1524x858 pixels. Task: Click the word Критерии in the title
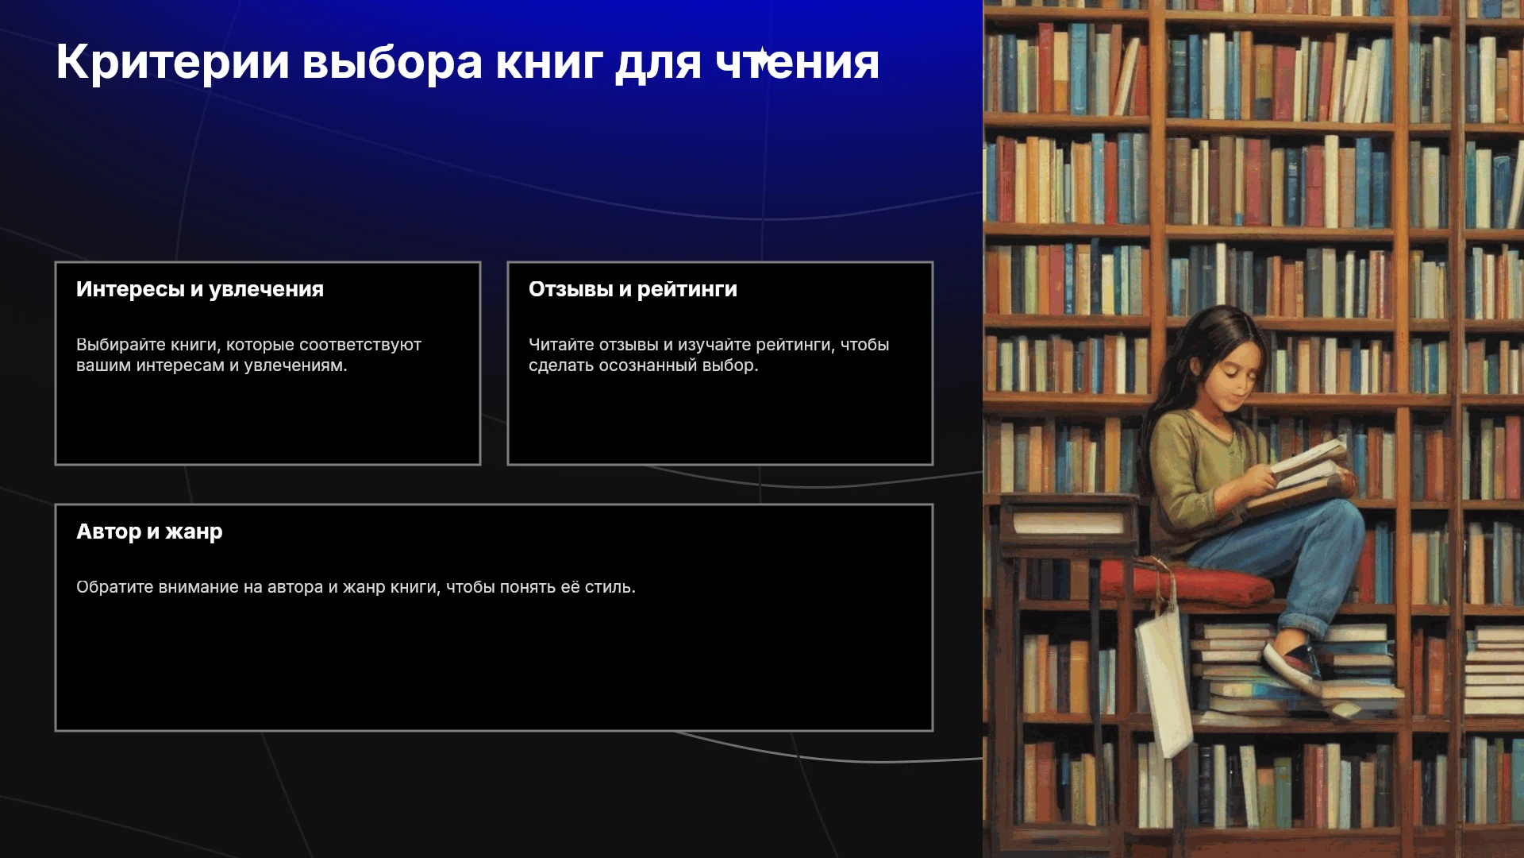(173, 63)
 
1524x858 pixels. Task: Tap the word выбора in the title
(392, 63)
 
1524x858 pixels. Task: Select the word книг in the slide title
(549, 63)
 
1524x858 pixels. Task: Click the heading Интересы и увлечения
(200, 289)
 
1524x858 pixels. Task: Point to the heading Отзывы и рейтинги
(633, 289)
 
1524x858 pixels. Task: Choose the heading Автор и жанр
(149, 531)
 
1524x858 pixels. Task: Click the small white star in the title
(760, 58)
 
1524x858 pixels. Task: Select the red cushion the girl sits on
(1187, 581)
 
